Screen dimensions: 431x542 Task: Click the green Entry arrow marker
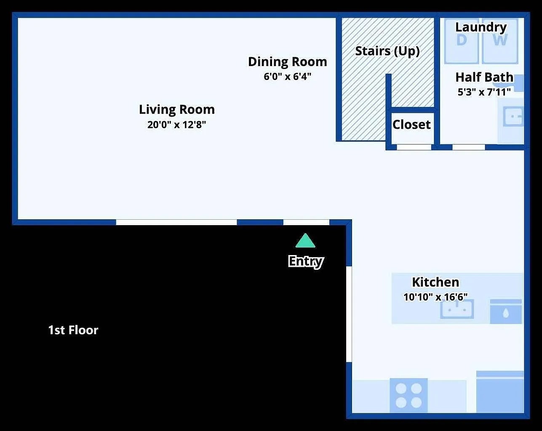pyautogui.click(x=305, y=241)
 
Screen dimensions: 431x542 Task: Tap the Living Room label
pyautogui.click(x=177, y=109)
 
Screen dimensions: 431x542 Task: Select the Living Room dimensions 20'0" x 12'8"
pyautogui.click(x=177, y=125)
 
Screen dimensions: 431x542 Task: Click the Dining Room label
pyautogui.click(x=287, y=62)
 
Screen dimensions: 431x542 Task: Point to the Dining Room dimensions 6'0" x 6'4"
pyautogui.click(x=287, y=77)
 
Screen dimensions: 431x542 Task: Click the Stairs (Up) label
pyautogui.click(x=387, y=51)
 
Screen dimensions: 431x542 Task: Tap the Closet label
pyautogui.click(x=411, y=125)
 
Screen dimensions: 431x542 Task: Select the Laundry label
pyautogui.click(x=481, y=27)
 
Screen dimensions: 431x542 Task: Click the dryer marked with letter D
pyautogui.click(x=462, y=41)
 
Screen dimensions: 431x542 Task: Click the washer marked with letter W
pyautogui.click(x=500, y=41)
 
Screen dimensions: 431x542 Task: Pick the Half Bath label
pyautogui.click(x=484, y=77)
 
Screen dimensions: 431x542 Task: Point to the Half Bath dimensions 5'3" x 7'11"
pyautogui.click(x=484, y=92)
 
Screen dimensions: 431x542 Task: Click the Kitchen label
pyautogui.click(x=435, y=282)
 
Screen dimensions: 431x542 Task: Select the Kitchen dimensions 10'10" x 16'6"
pyautogui.click(x=435, y=297)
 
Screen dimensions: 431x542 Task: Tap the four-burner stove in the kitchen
pyautogui.click(x=409, y=395)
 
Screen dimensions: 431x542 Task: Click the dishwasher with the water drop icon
pyautogui.click(x=506, y=312)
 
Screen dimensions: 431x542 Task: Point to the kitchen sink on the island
pyautogui.click(x=457, y=310)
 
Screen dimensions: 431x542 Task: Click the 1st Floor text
pyautogui.click(x=73, y=330)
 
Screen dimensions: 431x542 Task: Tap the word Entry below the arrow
pyautogui.click(x=306, y=261)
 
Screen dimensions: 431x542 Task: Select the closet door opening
pyautogui.click(x=414, y=147)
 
